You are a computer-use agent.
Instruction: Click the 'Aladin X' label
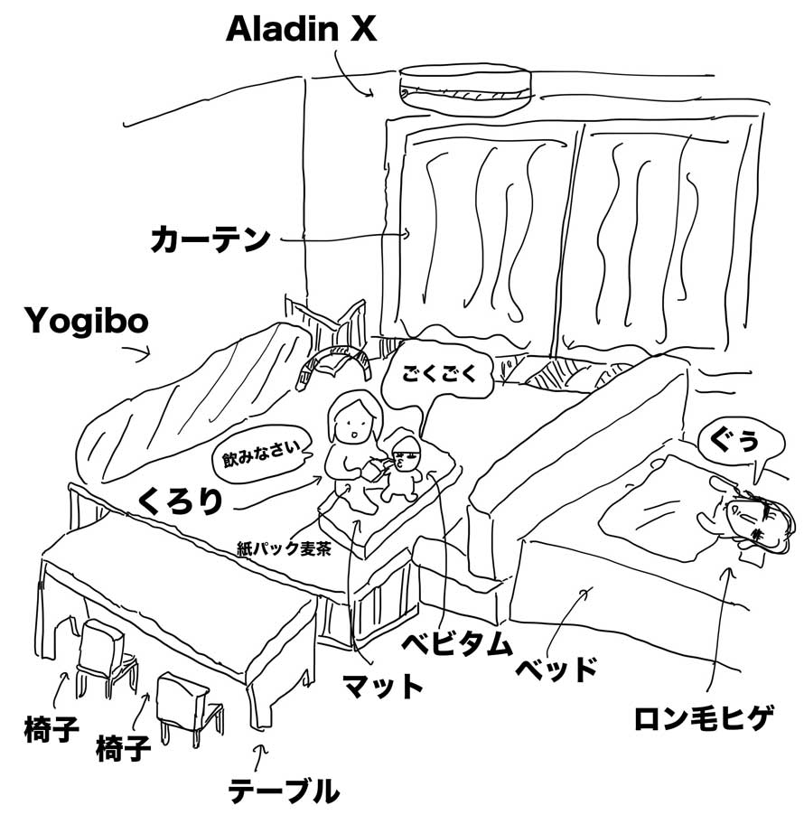(x=301, y=29)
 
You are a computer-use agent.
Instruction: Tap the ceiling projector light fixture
(x=465, y=88)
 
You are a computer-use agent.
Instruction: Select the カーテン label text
(x=210, y=239)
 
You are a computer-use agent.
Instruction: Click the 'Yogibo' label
(x=87, y=321)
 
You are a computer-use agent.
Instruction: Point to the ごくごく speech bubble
(x=439, y=374)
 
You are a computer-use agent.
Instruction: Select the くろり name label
(x=181, y=501)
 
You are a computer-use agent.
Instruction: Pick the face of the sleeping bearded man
(x=760, y=520)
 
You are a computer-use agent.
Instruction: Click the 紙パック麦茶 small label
(x=284, y=549)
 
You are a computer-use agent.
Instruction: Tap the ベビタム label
(x=456, y=642)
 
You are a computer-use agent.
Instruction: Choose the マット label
(x=382, y=685)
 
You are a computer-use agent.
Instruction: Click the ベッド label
(x=556, y=669)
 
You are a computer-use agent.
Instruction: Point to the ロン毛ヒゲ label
(x=704, y=718)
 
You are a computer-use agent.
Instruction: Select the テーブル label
(x=284, y=790)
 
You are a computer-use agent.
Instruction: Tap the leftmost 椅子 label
(x=51, y=728)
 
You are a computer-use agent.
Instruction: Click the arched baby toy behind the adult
(x=333, y=362)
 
